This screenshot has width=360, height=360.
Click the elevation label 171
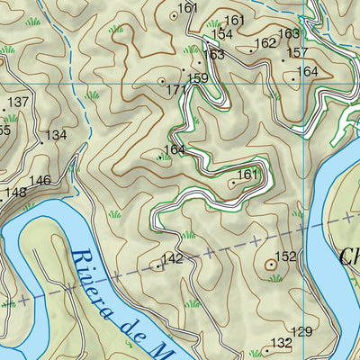pos(175,90)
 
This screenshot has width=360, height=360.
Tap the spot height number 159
pos(198,78)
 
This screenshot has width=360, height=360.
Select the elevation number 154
pos(221,34)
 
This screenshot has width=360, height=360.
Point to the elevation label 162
pos(265,42)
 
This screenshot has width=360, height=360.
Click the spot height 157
pos(297,53)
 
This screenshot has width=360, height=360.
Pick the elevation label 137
pos(19,103)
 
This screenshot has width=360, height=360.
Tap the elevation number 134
pos(56,135)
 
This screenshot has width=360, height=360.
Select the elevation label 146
pos(40,181)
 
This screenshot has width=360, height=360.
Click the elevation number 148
pos(15,192)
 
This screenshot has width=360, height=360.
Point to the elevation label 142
pos(173,259)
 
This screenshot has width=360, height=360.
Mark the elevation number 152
pos(285,256)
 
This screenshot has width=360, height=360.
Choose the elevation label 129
pos(302,332)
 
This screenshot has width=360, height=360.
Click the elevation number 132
pos(282,343)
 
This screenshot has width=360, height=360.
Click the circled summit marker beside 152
pos(271,265)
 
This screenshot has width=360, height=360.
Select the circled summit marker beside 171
pos(162,81)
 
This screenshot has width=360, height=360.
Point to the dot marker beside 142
pos(158,265)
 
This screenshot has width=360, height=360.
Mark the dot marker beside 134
pos(41,142)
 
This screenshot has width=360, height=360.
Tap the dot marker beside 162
pos(251,50)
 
